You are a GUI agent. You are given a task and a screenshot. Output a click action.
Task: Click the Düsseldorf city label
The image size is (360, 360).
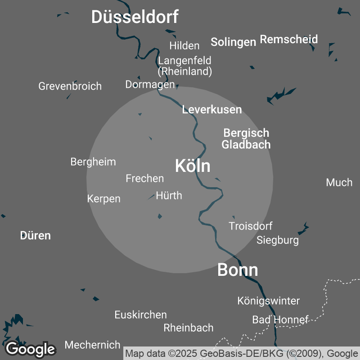coord(135,17)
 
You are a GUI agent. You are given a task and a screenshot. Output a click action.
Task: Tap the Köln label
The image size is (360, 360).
coord(193,166)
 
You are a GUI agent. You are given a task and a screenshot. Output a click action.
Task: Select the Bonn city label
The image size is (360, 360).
coord(238,270)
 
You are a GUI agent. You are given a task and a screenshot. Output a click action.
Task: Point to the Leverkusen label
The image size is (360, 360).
coord(212,109)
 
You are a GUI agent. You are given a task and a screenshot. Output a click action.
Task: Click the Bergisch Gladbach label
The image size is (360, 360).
coord(246,139)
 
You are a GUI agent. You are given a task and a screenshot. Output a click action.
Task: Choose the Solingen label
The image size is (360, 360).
coord(233,42)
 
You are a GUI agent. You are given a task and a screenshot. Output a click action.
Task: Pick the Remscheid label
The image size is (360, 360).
coord(289,39)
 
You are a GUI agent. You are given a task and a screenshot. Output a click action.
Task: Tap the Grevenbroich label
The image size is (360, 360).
coord(70,86)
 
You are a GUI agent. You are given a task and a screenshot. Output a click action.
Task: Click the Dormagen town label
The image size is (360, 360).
coord(150,84)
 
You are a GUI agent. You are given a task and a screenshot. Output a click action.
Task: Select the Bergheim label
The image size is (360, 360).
coord(93,162)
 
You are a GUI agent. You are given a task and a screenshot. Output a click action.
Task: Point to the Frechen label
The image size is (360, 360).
coord(145,178)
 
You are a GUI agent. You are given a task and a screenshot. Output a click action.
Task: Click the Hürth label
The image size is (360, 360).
coord(169,195)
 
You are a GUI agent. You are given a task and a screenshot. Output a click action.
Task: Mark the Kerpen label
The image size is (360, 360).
coord(104,198)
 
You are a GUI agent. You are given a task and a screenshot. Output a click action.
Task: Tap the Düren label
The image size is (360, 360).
coord(36,235)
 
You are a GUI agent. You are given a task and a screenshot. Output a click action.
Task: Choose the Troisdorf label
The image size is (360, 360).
coord(251,226)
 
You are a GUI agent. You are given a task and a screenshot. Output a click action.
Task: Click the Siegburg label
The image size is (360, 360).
coord(278,240)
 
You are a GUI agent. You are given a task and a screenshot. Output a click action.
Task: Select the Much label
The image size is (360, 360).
coord(339,182)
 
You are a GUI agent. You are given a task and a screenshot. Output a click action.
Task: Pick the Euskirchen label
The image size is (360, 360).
coord(141,315)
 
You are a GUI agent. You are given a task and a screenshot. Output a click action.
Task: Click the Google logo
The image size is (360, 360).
coord(31,349)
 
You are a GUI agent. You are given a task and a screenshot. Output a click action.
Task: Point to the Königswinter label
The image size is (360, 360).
coord(269,301)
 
